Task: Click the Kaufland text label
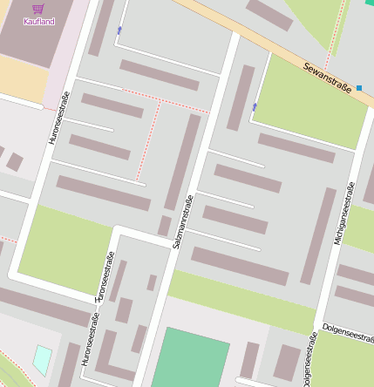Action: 38,21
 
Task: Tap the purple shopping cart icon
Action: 38,9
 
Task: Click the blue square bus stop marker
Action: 358,87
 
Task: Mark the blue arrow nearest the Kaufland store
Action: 119,31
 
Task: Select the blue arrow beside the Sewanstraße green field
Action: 255,106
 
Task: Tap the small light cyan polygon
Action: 42,359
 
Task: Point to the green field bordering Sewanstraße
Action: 309,105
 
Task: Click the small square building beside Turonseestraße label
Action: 152,282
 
